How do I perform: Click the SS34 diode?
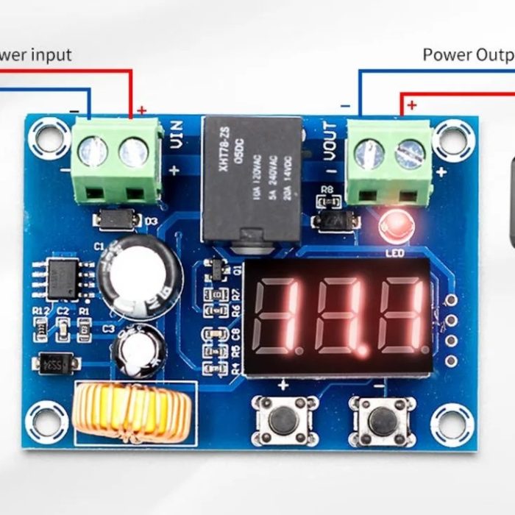(56, 363)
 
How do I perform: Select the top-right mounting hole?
(450, 137)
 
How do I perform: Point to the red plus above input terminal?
(141, 110)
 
